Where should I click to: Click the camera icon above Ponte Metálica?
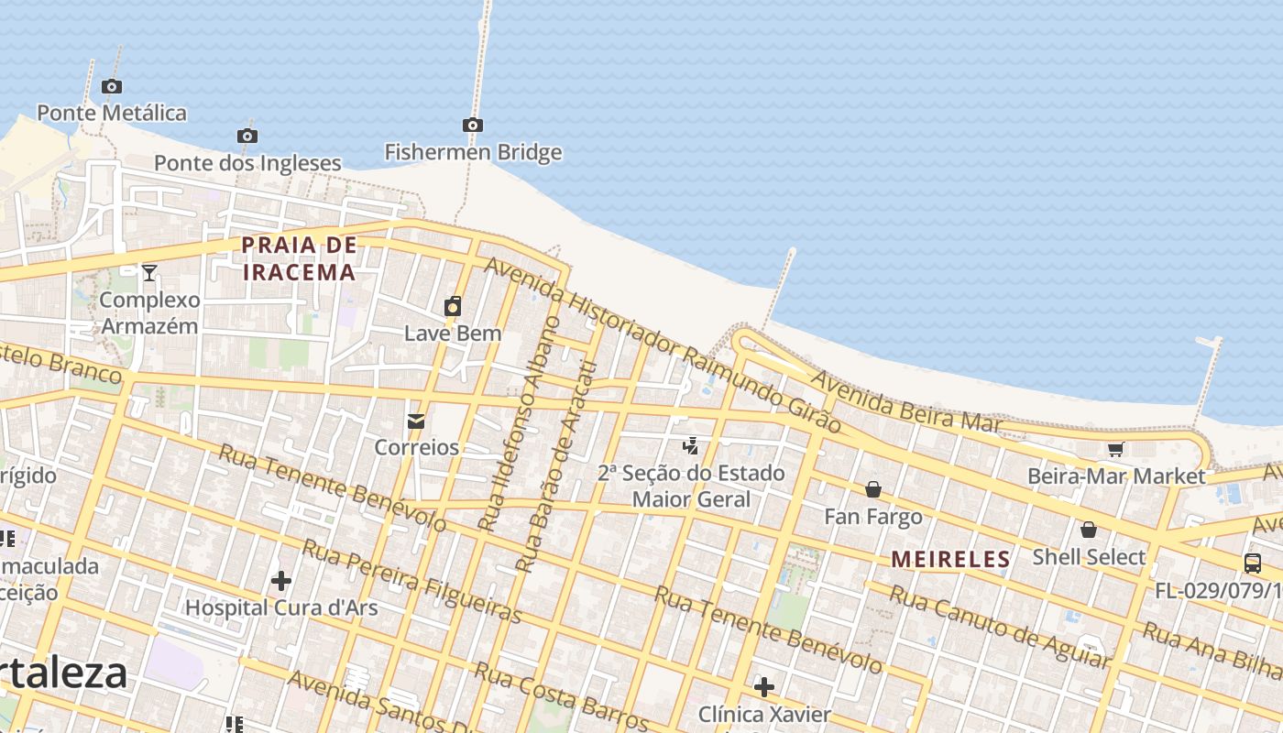pyautogui.click(x=112, y=87)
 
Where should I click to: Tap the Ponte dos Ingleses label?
pyautogui.click(x=247, y=163)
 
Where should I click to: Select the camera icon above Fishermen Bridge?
pyautogui.click(x=473, y=125)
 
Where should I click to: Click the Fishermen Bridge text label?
pyautogui.click(x=473, y=152)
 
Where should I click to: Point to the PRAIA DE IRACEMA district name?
pyautogui.click(x=299, y=258)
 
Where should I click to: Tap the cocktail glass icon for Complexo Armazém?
pyautogui.click(x=149, y=272)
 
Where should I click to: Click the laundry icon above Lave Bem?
pyautogui.click(x=453, y=306)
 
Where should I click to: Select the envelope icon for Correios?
pyautogui.click(x=416, y=421)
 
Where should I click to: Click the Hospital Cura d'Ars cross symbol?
pyautogui.click(x=281, y=580)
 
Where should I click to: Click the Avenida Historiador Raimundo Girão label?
pyautogui.click(x=662, y=345)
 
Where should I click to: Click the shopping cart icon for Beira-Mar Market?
pyautogui.click(x=1115, y=449)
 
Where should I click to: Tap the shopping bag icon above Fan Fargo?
pyautogui.click(x=873, y=489)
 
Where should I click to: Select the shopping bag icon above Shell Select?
pyautogui.click(x=1089, y=530)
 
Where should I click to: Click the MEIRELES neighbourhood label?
pyautogui.click(x=950, y=559)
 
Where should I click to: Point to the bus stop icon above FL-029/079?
pyautogui.click(x=1253, y=563)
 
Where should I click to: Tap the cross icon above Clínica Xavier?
pyautogui.click(x=764, y=686)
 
